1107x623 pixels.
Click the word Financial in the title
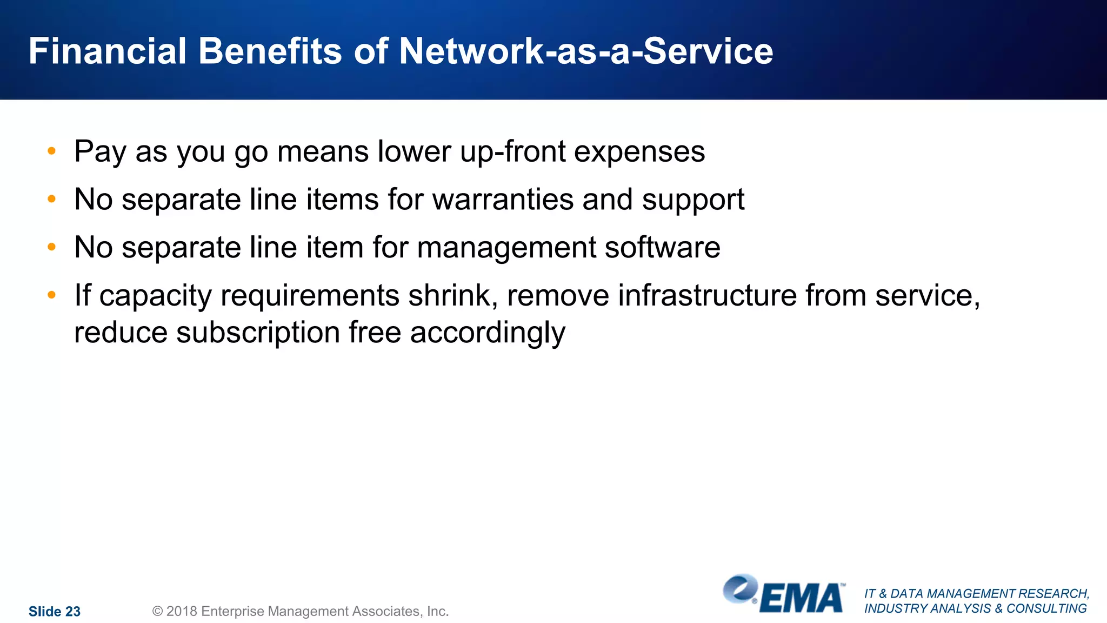click(108, 51)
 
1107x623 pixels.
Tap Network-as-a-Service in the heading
click(586, 51)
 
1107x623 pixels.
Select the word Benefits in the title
click(270, 51)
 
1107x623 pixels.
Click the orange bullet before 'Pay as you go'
click(52, 151)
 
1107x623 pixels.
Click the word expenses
click(639, 152)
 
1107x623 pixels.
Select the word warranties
click(503, 200)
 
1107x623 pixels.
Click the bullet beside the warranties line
click(52, 199)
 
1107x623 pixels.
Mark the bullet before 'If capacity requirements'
click(52, 295)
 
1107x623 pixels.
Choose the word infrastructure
click(707, 296)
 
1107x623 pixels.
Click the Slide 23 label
click(55, 612)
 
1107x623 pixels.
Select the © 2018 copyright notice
click(301, 612)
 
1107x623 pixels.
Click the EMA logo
click(784, 594)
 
